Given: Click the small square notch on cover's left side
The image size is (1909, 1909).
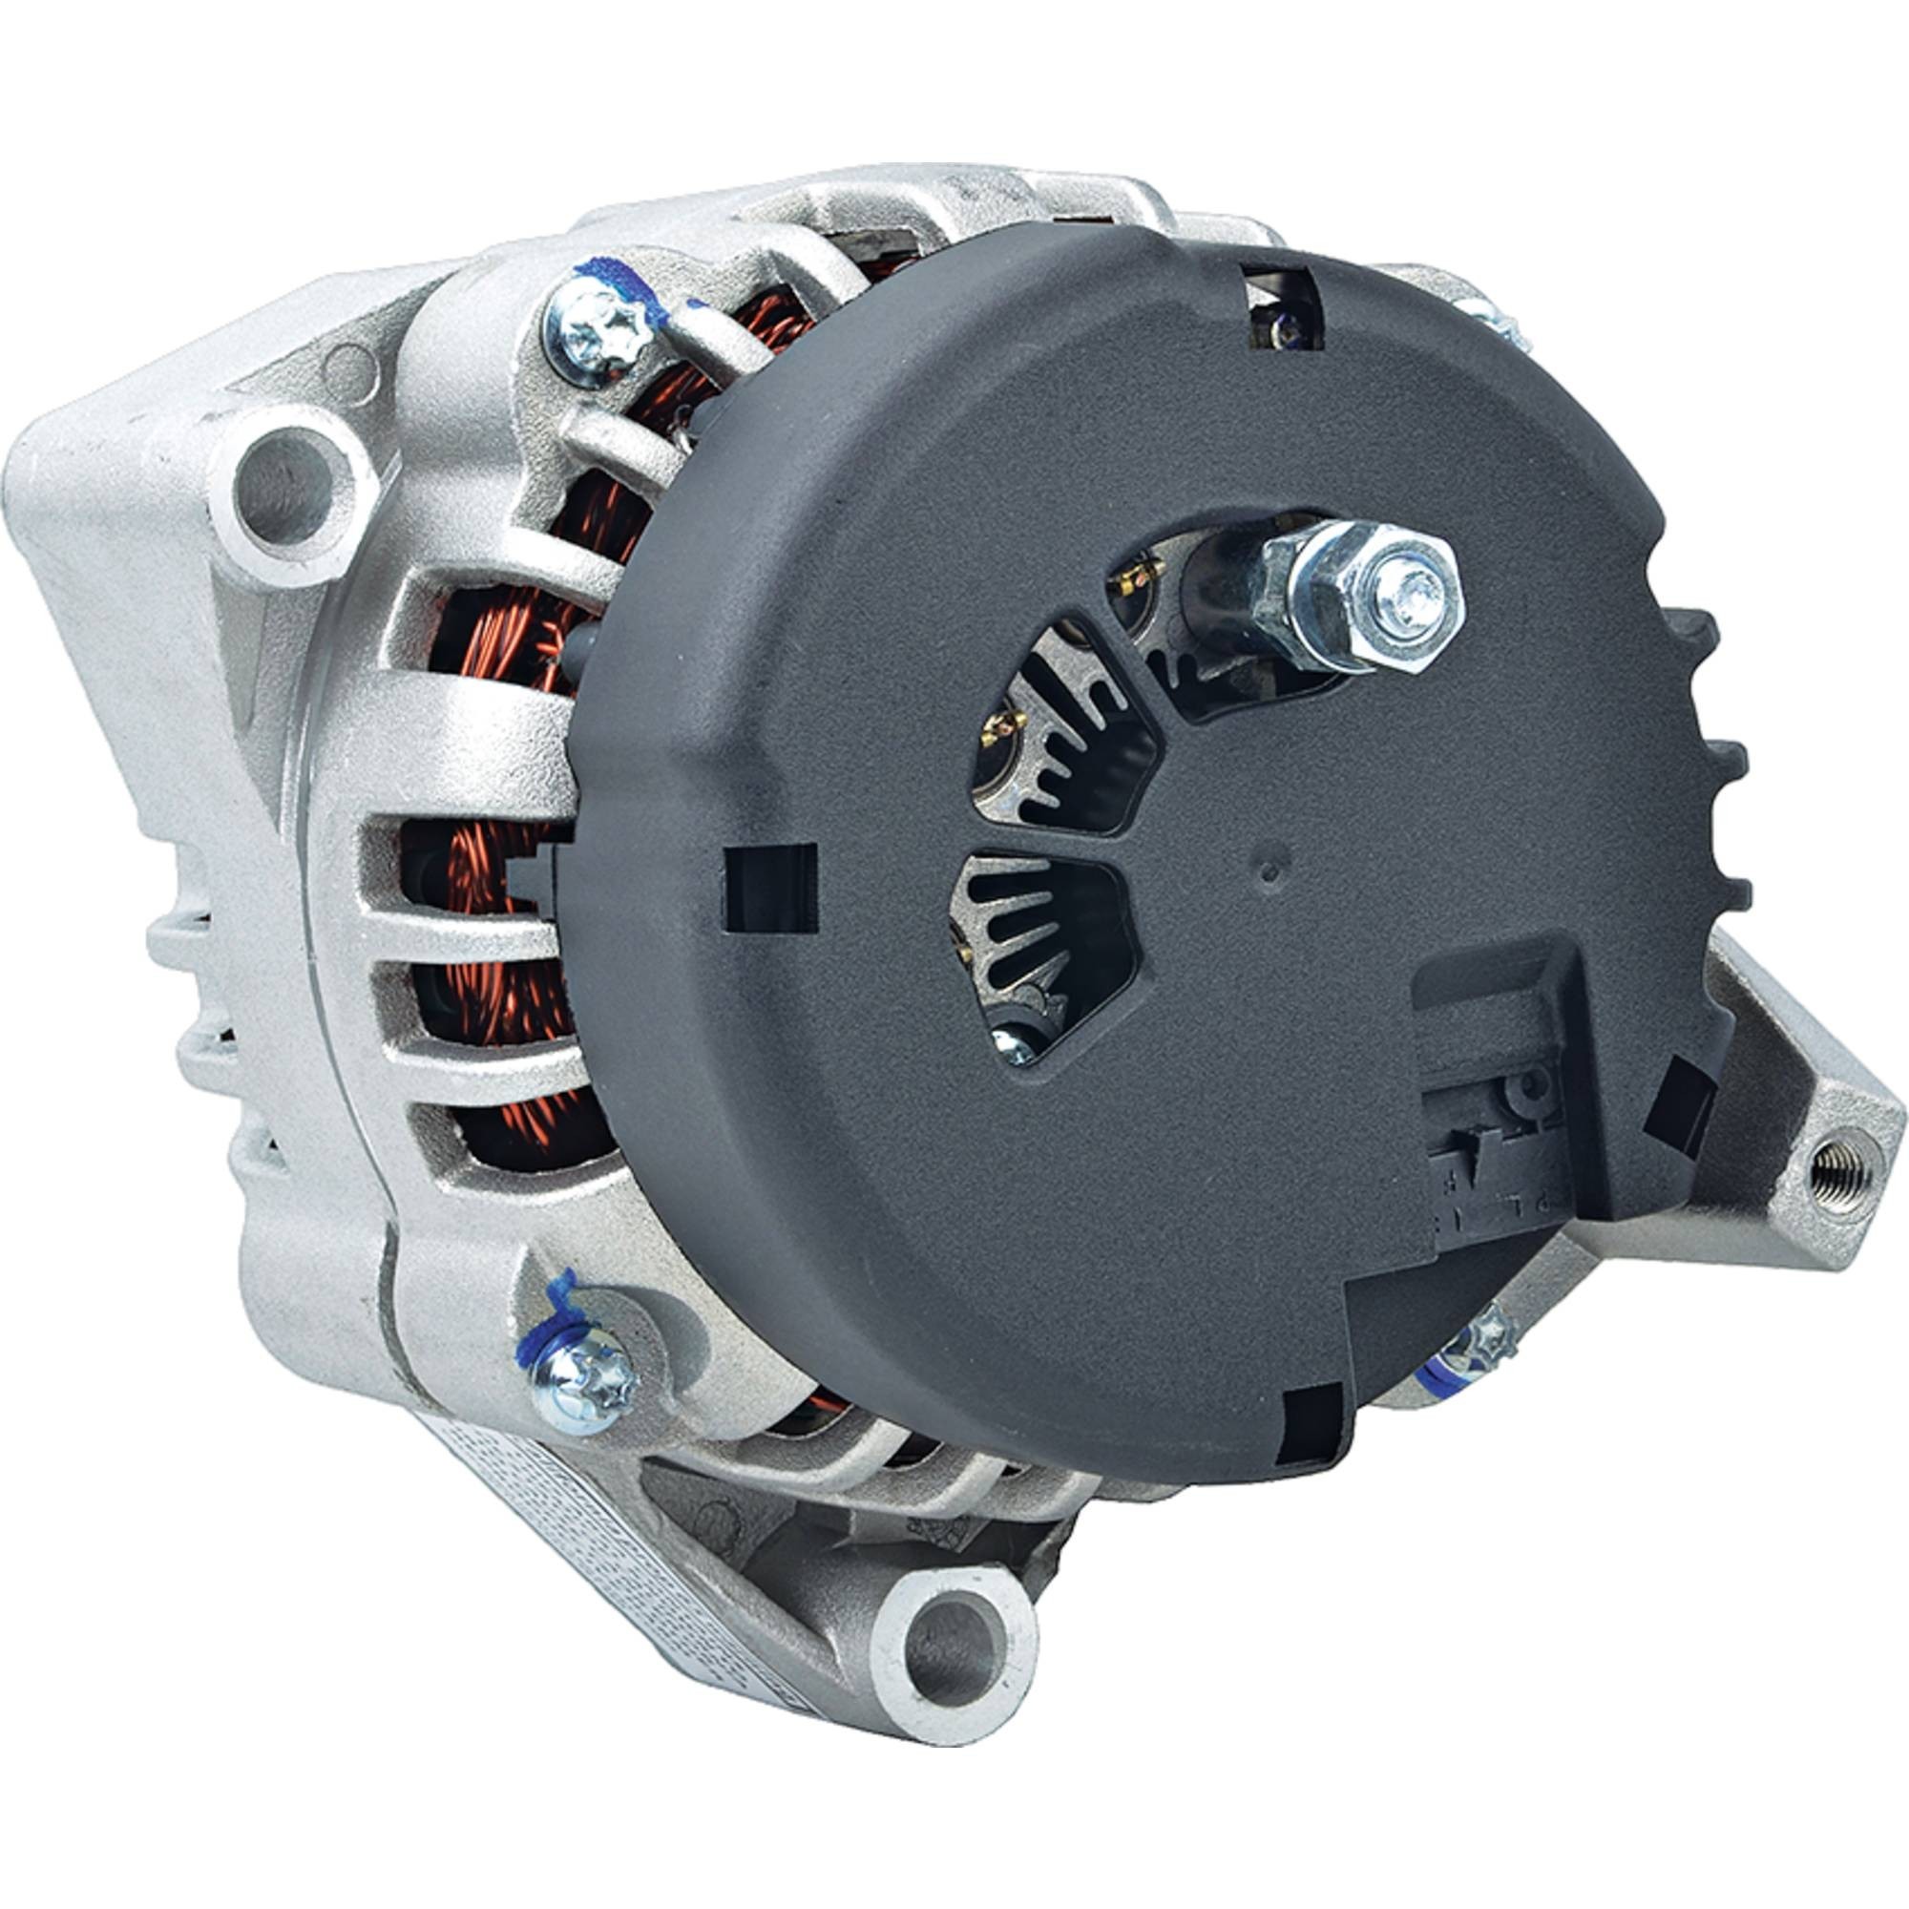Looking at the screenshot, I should click(x=771, y=889).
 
